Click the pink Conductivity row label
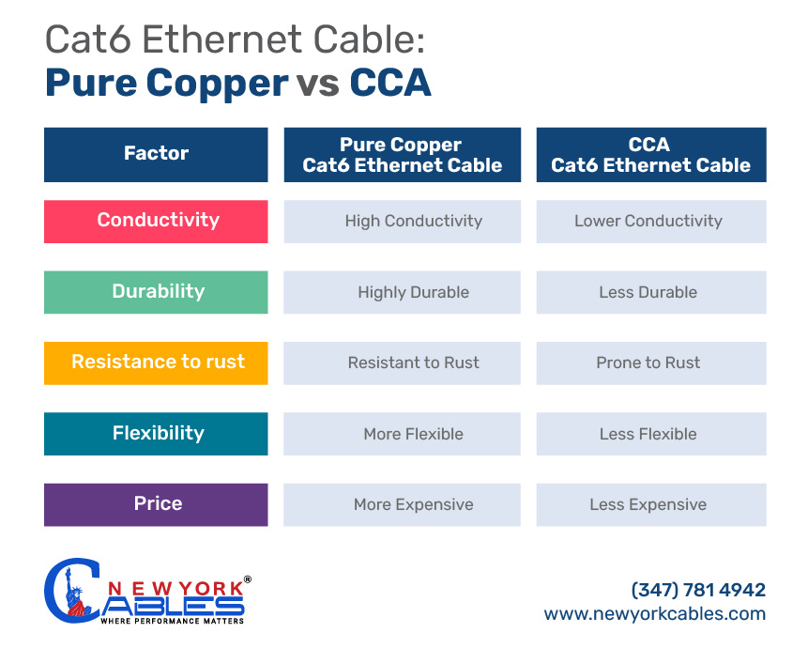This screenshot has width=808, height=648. tap(156, 221)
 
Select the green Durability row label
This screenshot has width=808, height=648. tap(156, 292)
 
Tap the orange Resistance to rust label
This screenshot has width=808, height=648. tap(156, 363)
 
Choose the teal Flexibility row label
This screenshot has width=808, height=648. tap(156, 434)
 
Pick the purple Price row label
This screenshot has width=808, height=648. tap(156, 504)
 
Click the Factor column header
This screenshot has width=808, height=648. tap(156, 154)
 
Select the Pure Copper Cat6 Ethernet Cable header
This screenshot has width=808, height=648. tap(402, 155)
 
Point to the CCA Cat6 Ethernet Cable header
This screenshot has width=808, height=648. tap(650, 155)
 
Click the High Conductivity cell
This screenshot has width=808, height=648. tap(413, 222)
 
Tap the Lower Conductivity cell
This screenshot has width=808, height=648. tap(648, 222)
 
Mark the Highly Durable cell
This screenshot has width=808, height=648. tap(413, 293)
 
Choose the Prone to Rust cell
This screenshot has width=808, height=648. tap(648, 363)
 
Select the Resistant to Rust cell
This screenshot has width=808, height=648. tap(413, 363)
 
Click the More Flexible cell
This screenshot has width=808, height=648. tap(413, 435)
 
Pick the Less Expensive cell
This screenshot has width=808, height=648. tap(648, 505)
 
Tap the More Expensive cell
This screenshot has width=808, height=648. tap(413, 505)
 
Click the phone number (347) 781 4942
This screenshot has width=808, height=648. tap(698, 590)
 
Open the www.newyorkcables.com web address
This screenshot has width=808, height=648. tap(655, 614)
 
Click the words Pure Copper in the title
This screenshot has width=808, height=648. tap(166, 83)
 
